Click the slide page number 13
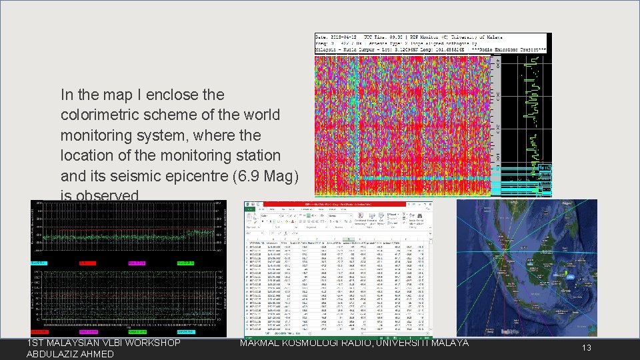pyautogui.click(x=586, y=347)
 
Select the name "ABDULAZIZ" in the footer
pyautogui.click(x=54, y=354)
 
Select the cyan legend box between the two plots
pyautogui.click(x=39, y=263)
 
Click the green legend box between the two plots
pyautogui.click(x=185, y=263)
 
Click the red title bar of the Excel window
pyautogui.click(x=339, y=203)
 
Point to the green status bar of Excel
pyautogui.click(x=339, y=333)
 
